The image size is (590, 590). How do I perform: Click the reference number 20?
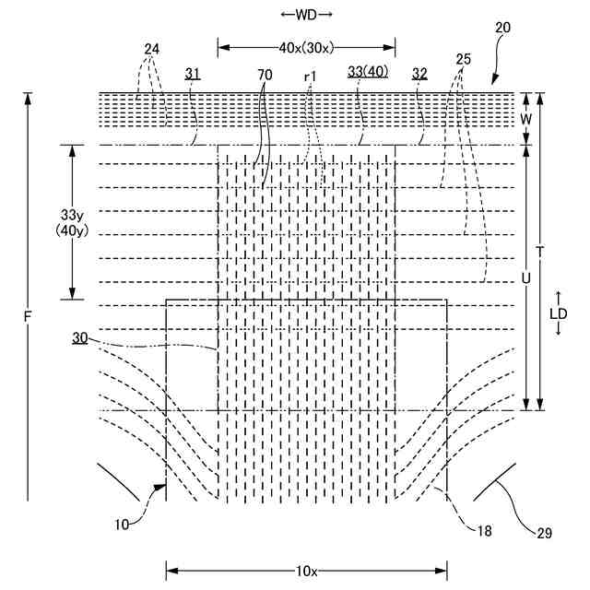pyautogui.click(x=501, y=28)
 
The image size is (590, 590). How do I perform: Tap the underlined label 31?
pyautogui.click(x=192, y=73)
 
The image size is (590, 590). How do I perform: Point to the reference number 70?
pyautogui.click(x=265, y=73)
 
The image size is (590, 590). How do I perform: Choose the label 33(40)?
pyautogui.click(x=368, y=73)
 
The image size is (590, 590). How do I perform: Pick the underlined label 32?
pyautogui.click(x=419, y=73)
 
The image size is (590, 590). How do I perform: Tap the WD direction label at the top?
pyautogui.click(x=307, y=15)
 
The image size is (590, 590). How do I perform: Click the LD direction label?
pyautogui.click(x=559, y=313)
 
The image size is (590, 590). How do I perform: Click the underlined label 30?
pyautogui.click(x=81, y=338)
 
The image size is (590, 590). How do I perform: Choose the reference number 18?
pyautogui.click(x=484, y=530)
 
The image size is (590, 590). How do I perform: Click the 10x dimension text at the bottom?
pyautogui.click(x=306, y=572)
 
